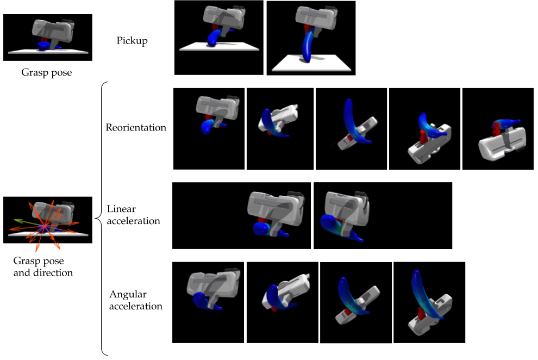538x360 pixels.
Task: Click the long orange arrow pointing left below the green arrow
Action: [x=19, y=228]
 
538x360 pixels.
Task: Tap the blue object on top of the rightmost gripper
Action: [x=508, y=124]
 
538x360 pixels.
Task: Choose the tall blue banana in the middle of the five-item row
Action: [x=351, y=117]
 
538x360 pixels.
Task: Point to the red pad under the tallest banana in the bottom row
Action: [x=422, y=314]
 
